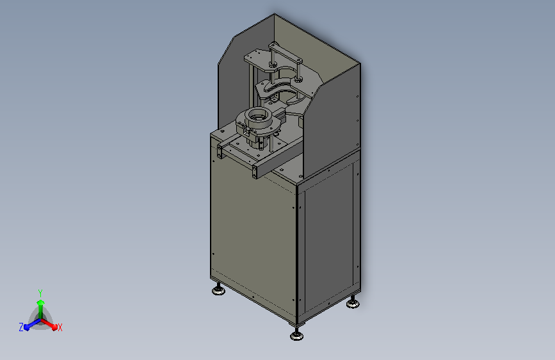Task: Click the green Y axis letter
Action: tap(40, 291)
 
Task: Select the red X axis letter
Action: tap(60, 327)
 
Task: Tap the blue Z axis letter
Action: tap(21, 327)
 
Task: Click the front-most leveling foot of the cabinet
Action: tap(296, 335)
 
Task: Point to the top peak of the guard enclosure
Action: tap(274, 15)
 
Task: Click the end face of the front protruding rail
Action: tap(256, 172)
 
